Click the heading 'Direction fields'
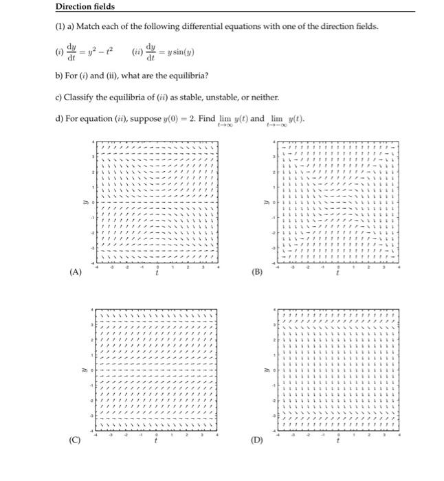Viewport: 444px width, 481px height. [x=85, y=7]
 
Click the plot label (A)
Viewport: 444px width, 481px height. [x=76, y=271]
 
